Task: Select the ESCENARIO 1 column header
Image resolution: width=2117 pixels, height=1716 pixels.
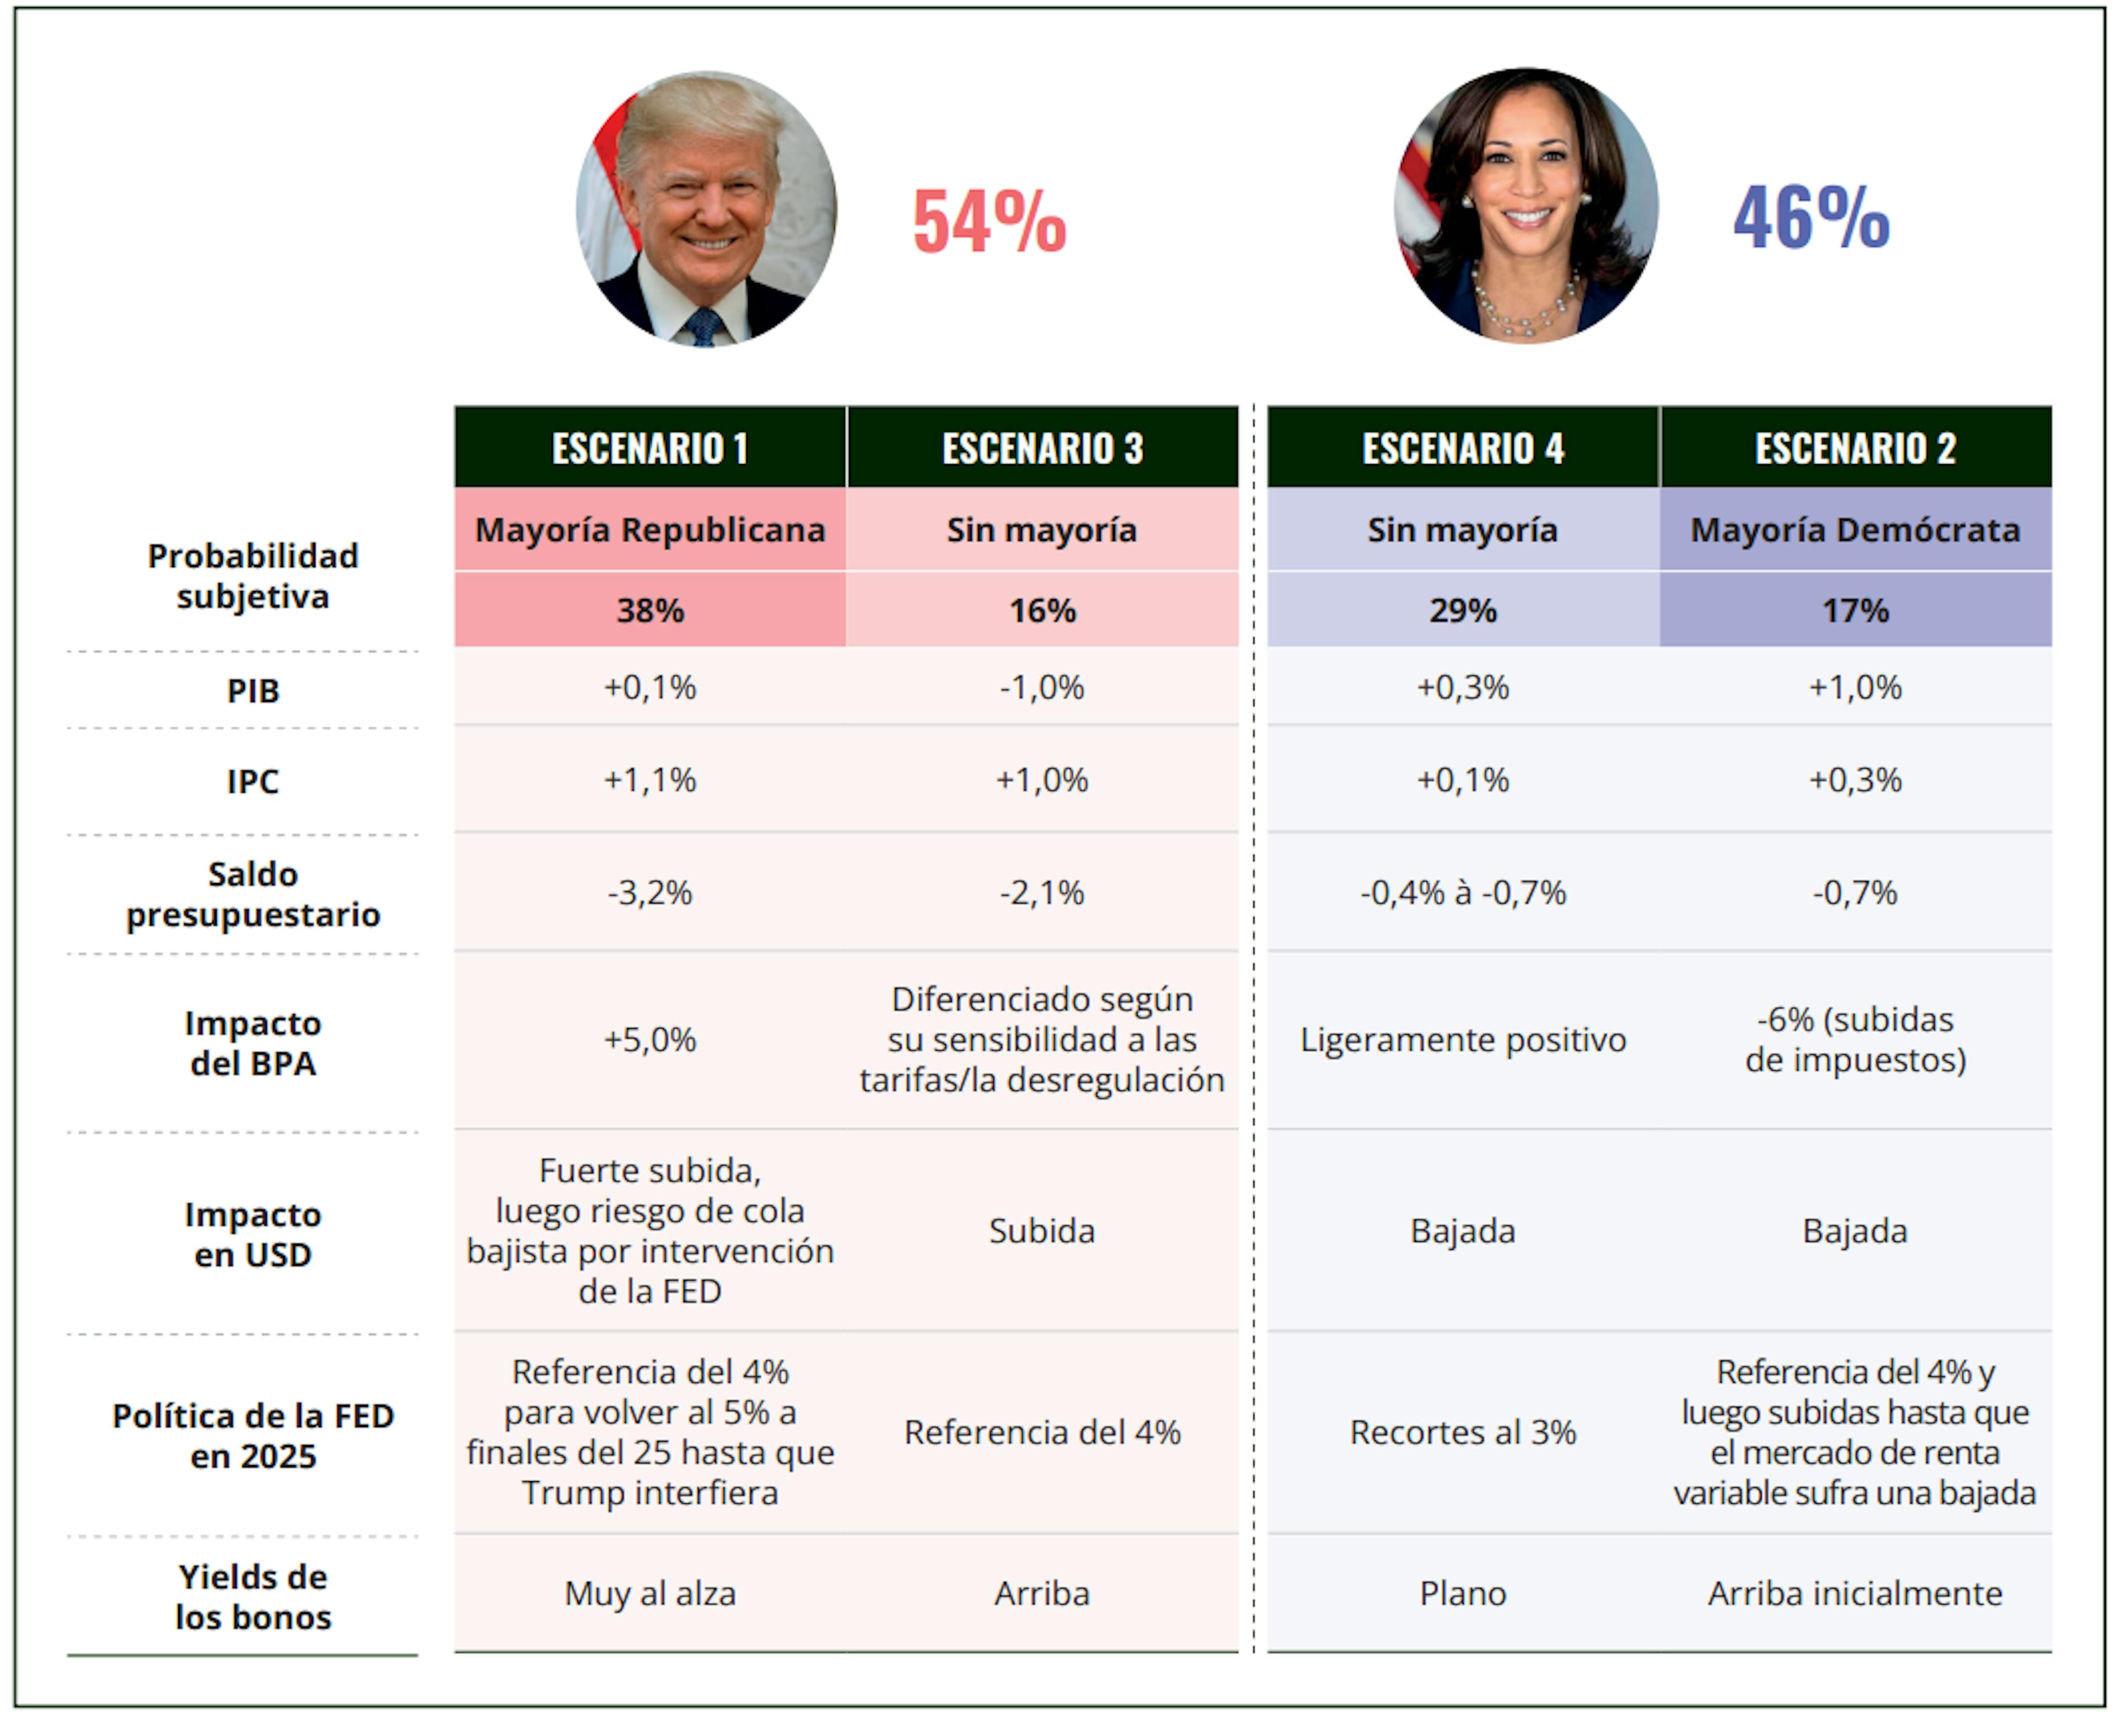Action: coord(649,448)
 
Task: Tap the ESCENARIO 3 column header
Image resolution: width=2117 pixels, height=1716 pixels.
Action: coord(1042,448)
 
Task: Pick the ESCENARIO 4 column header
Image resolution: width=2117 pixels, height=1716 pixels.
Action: coord(1463,448)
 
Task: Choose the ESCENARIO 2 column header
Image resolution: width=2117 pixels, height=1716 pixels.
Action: coord(1855,448)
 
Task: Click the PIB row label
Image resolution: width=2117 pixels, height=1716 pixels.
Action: coord(253,691)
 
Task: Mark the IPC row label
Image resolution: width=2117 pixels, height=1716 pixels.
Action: coord(253,782)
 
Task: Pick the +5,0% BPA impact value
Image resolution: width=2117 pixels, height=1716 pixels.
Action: coord(649,1040)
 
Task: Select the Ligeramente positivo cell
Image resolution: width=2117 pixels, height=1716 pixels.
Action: coord(1463,1040)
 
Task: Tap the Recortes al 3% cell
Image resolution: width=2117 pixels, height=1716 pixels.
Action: coord(1463,1432)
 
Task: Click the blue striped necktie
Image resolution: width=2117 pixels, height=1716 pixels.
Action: coord(703,326)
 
